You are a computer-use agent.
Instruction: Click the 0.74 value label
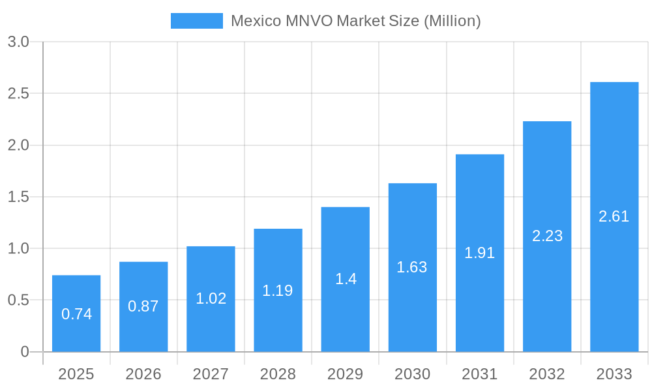[x=76, y=314]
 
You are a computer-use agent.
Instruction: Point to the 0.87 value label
[x=143, y=306]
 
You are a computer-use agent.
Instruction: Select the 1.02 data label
[x=211, y=298]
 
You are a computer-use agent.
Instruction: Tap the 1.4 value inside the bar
[x=345, y=279]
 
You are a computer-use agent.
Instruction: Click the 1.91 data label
[x=479, y=253]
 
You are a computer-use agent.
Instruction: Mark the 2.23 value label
[x=547, y=236]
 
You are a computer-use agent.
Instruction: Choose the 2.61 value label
[x=614, y=216]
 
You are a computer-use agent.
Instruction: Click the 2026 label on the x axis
[x=143, y=374]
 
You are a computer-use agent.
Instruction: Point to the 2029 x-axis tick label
[x=345, y=374]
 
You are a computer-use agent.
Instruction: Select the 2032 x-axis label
[x=547, y=374]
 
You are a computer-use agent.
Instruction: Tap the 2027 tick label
[x=211, y=374]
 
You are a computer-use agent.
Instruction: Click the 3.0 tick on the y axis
[x=18, y=42]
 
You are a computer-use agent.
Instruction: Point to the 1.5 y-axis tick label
[x=18, y=197]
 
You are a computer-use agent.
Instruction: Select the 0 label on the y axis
[x=25, y=352]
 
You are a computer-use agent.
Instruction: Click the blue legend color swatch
[x=196, y=21]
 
